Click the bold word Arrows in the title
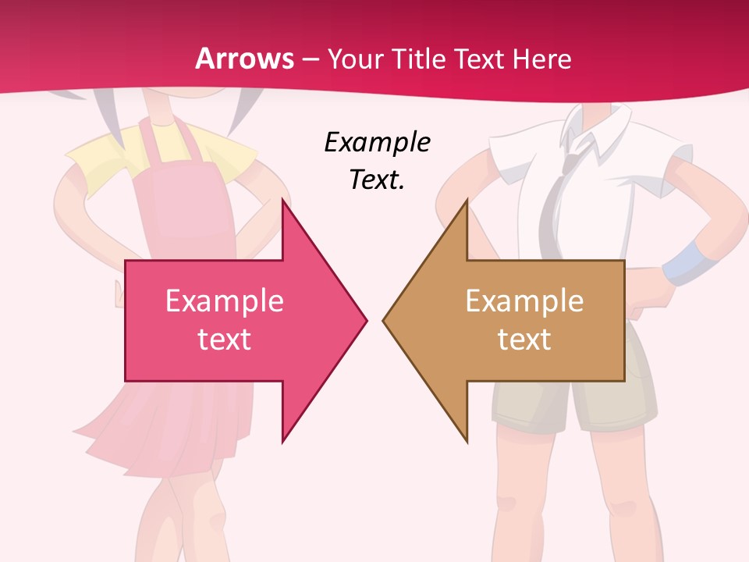point(245,59)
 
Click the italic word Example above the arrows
point(378,142)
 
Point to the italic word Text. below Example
point(378,180)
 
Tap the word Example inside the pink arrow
point(225,301)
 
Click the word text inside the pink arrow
point(225,340)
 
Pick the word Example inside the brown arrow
point(524,301)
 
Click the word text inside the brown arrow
point(524,340)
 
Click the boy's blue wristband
point(683,262)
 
